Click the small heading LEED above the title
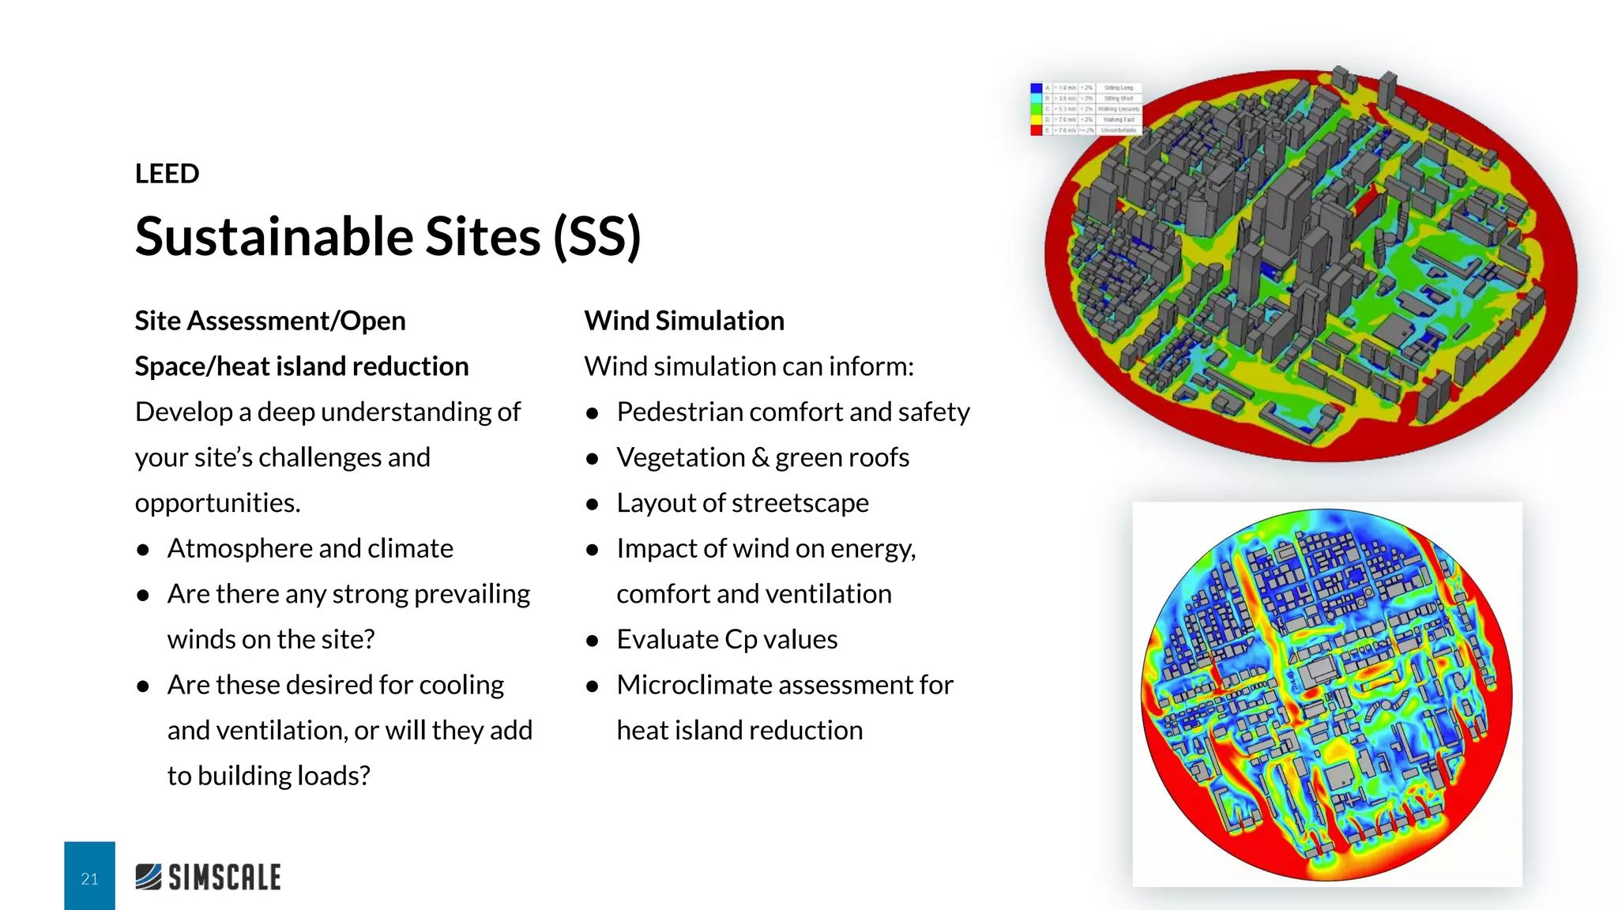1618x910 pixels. [167, 174]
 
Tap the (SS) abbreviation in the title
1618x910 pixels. [596, 236]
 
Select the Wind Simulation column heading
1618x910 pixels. [684, 321]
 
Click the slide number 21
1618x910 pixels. [89, 878]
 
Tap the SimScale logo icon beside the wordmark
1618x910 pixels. [149, 877]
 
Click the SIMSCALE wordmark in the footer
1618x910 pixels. [224, 878]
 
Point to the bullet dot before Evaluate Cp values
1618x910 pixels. [593, 641]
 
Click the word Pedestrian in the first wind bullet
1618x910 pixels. [679, 412]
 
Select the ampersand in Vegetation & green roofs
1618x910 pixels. [760, 457]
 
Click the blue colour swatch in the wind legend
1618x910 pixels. [1037, 88]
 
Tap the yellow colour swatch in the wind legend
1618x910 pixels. [1037, 119]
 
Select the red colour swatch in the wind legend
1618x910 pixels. [1037, 130]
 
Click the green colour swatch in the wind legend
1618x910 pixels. [1037, 109]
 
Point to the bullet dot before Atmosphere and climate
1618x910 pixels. [143, 550]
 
